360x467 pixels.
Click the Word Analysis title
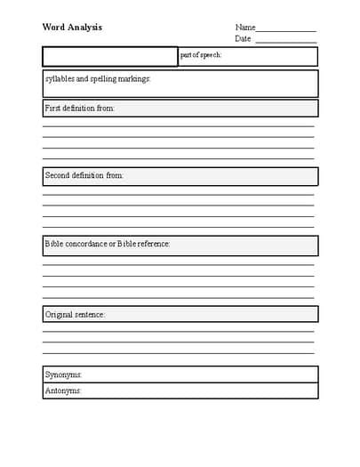72,27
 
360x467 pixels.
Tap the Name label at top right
245,28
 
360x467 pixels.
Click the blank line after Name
286,29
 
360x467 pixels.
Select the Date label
243,39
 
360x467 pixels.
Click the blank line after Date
285,41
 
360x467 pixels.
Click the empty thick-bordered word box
110,57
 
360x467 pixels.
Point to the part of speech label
200,55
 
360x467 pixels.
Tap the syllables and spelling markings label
98,78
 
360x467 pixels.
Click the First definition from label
80,108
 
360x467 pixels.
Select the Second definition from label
84,175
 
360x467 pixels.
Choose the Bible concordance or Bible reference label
108,243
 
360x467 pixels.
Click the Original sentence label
76,314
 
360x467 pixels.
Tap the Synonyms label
64,374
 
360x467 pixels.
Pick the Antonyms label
64,391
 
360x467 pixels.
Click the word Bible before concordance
55,243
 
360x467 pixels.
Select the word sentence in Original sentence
90,314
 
